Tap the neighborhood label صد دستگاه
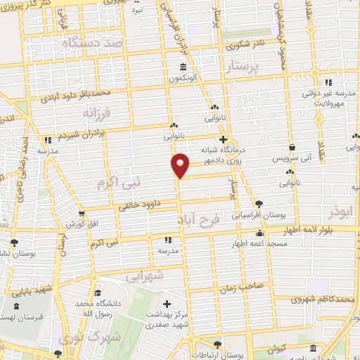click(93, 44)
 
